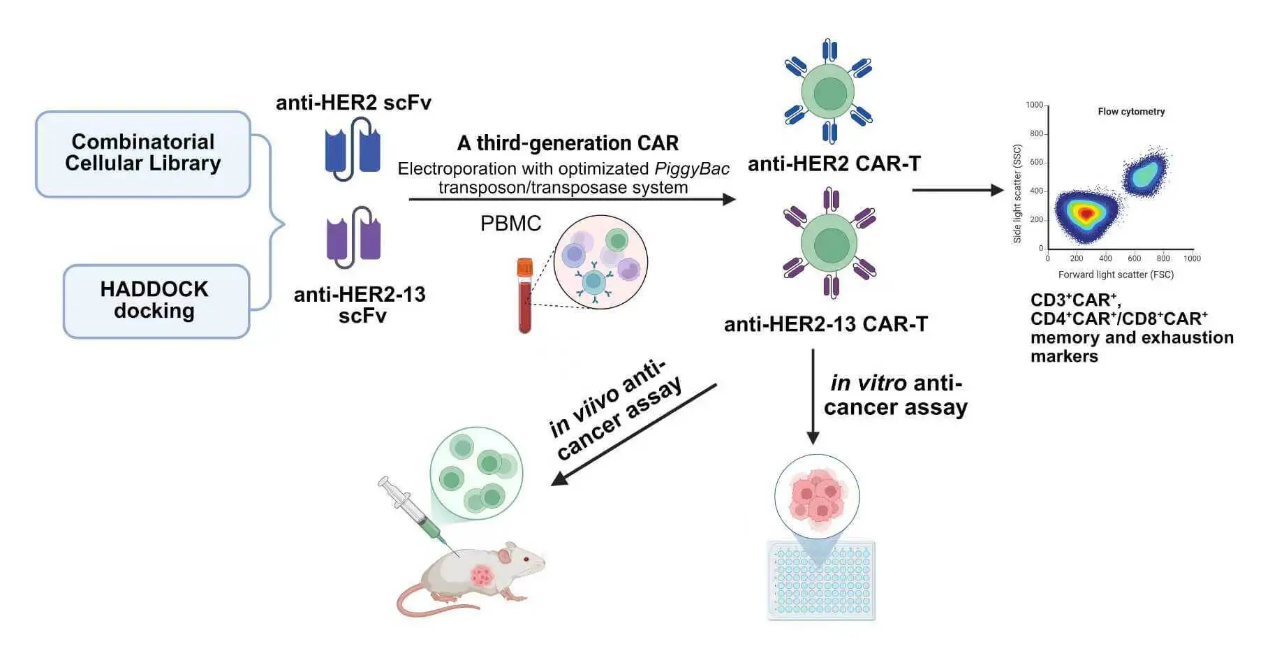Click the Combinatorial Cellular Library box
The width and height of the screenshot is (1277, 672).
(x=143, y=154)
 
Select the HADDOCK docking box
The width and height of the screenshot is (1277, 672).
(x=156, y=301)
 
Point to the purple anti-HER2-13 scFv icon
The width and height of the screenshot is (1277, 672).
(x=353, y=238)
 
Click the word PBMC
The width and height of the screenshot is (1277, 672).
(x=510, y=224)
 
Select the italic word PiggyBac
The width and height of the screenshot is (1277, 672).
(x=691, y=169)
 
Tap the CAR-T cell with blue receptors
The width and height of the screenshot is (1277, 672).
(x=829, y=92)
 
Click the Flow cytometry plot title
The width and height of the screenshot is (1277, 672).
(x=1130, y=112)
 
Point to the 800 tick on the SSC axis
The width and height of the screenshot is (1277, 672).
(x=1036, y=134)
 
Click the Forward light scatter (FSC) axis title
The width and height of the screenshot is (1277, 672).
(x=1115, y=275)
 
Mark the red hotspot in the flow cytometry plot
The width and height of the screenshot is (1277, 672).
(x=1085, y=214)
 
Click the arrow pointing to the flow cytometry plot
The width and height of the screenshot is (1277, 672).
(x=957, y=190)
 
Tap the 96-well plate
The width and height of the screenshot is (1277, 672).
(x=821, y=580)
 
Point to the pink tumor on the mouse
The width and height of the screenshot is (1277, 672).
(x=482, y=576)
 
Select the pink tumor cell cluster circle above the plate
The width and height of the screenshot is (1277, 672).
(x=817, y=496)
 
